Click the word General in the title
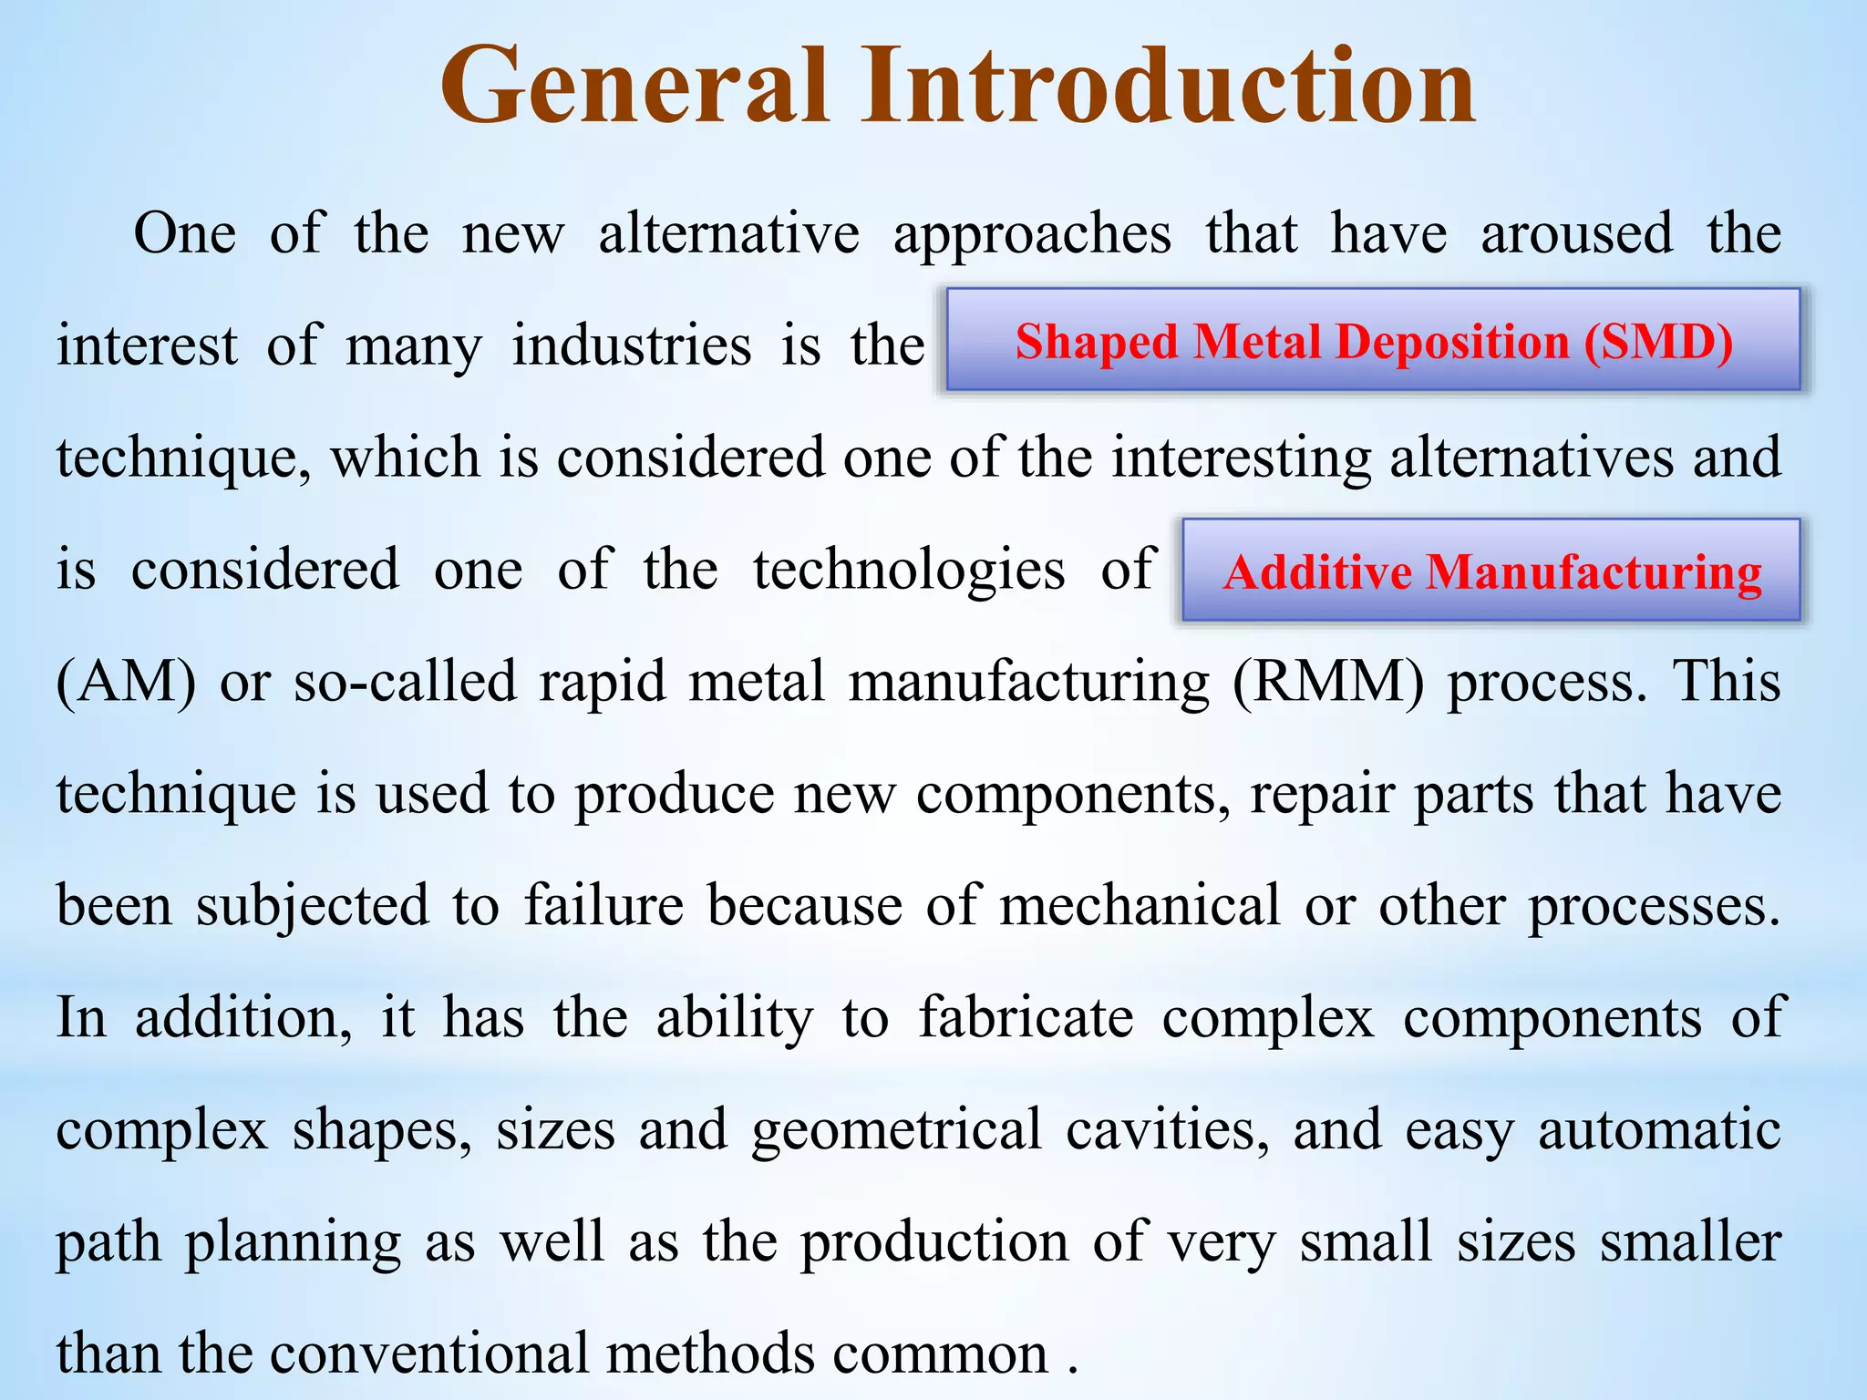tap(634, 87)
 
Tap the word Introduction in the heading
tap(1168, 87)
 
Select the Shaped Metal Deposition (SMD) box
tap(1374, 341)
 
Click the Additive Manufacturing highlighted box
tap(1491, 571)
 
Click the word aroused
tap(1577, 233)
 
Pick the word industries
tap(632, 346)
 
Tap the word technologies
tap(909, 571)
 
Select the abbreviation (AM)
tap(126, 682)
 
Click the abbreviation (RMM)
tap(1327, 682)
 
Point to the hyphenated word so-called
tap(404, 682)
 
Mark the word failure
tap(603, 906)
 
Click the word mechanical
tap(1140, 906)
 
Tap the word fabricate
tap(1026, 1017)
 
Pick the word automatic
tap(1659, 1129)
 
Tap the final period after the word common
tap(1073, 1370)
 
